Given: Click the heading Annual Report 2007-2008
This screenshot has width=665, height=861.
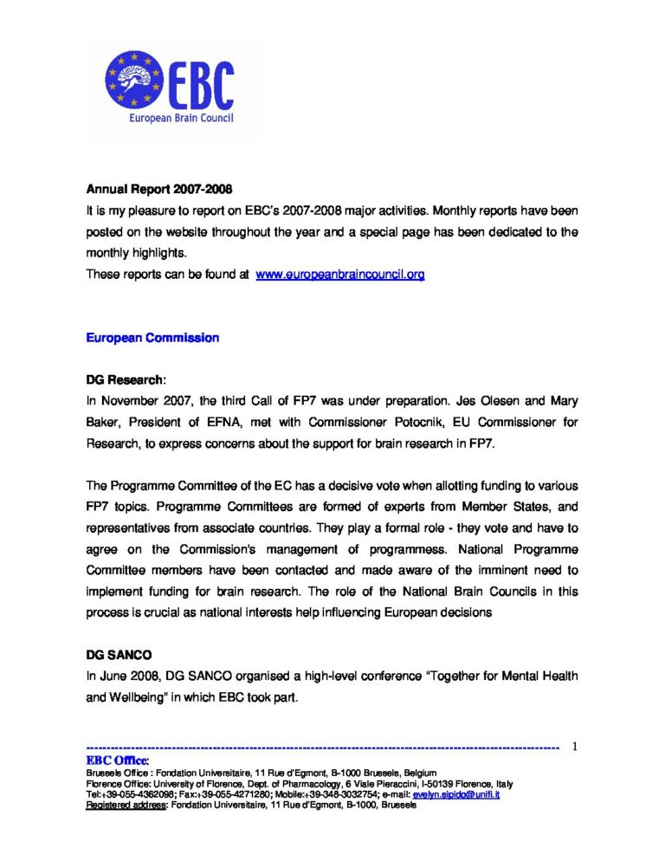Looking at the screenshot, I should [158, 188].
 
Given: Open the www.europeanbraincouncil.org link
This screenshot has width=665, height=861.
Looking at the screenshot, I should [340, 275].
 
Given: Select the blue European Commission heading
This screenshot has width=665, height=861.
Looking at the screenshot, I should [152, 337].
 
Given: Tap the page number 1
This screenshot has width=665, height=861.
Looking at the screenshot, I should [574, 747].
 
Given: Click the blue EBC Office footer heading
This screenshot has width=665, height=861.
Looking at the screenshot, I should [119, 760].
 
